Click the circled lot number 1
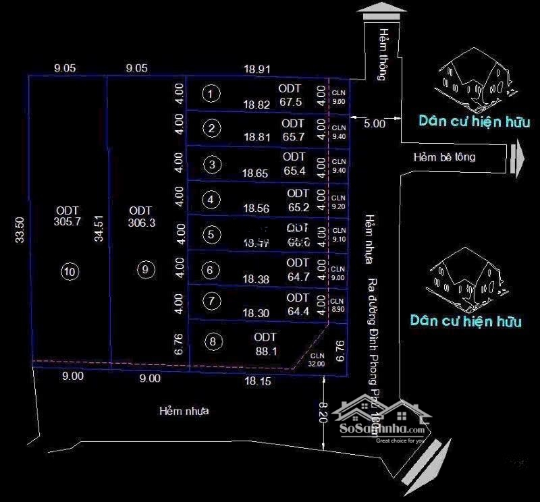point(212,93)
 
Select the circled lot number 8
point(213,341)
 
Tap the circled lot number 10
point(70,271)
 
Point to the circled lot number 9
point(145,269)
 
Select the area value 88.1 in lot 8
point(266,351)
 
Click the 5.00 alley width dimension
point(374,123)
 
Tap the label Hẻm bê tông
point(444,157)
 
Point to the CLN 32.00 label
point(317,360)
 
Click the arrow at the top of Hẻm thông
point(381,12)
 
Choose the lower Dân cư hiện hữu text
point(466,320)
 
